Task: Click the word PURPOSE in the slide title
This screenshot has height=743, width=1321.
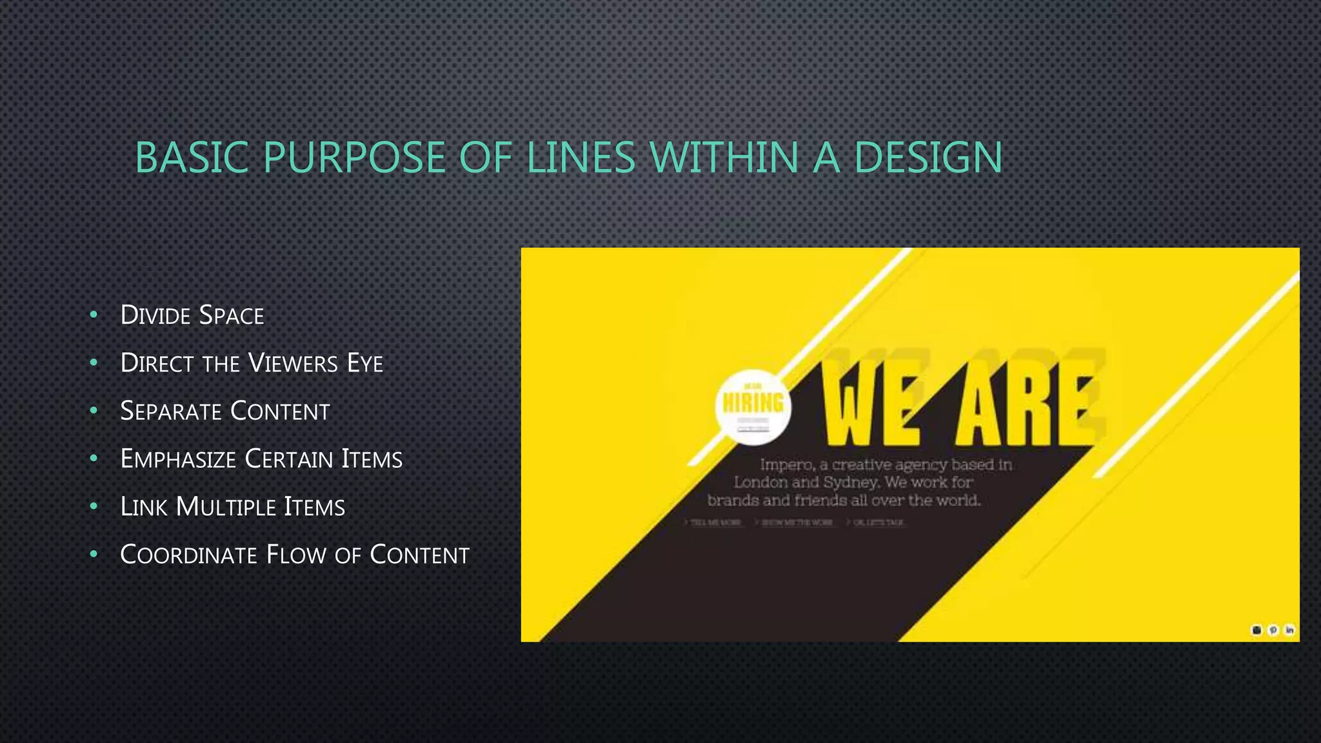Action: click(354, 157)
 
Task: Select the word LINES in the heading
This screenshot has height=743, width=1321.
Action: click(581, 157)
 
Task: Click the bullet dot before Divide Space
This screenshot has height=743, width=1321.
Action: click(94, 315)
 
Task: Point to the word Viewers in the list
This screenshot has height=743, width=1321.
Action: click(293, 363)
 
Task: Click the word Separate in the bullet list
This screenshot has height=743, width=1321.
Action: click(170, 411)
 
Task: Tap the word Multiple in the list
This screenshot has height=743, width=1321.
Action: click(225, 507)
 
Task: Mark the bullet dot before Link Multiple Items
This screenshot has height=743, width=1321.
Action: click(94, 506)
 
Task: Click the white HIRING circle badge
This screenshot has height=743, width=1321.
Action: click(753, 407)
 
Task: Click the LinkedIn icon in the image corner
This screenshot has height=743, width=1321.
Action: click(1289, 630)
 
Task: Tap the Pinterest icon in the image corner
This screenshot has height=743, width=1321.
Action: click(1273, 630)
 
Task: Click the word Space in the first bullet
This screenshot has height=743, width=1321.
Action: click(232, 315)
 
